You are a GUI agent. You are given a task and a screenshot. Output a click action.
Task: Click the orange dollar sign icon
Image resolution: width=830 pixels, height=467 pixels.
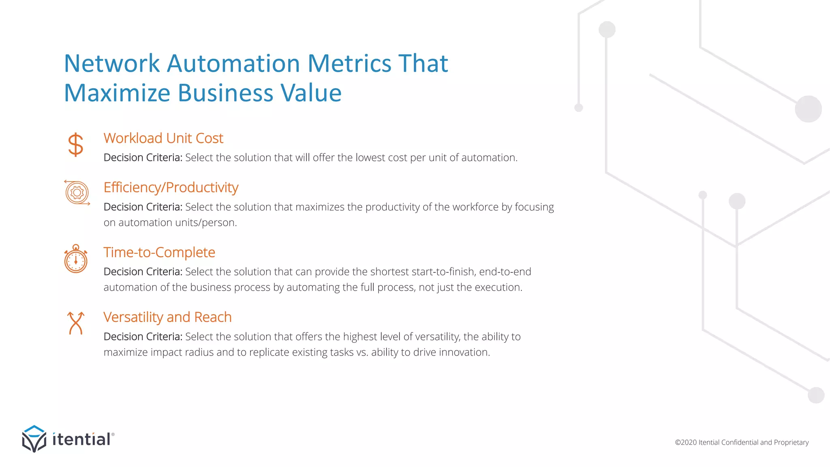[76, 145]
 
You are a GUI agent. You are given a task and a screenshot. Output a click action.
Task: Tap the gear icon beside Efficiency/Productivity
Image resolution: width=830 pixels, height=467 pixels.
[77, 193]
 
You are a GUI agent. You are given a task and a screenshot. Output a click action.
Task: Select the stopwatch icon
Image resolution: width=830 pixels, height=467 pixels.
[76, 259]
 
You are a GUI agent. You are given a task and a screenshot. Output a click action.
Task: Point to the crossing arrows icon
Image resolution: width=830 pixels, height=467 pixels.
[76, 323]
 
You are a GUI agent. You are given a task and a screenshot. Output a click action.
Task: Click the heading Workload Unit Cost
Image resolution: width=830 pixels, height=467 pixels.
[163, 138]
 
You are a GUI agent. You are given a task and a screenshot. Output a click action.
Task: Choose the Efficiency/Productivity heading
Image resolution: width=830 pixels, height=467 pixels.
[171, 187]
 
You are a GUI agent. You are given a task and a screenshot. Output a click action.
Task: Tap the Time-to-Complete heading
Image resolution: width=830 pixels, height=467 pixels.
[159, 252]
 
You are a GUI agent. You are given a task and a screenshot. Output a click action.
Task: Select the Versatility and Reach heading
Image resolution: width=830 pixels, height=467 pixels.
[167, 317]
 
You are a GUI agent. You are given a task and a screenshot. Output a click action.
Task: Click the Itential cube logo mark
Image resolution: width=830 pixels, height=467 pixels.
[34, 439]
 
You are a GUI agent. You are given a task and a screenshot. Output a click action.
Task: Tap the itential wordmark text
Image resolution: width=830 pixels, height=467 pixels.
[81, 439]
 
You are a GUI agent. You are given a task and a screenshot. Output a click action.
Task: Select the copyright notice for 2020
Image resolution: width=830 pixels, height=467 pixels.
[742, 442]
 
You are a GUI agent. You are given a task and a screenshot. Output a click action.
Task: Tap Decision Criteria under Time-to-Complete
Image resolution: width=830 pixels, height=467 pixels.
[143, 272]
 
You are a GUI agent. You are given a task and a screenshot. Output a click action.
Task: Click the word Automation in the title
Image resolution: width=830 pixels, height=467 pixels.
[233, 64]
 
